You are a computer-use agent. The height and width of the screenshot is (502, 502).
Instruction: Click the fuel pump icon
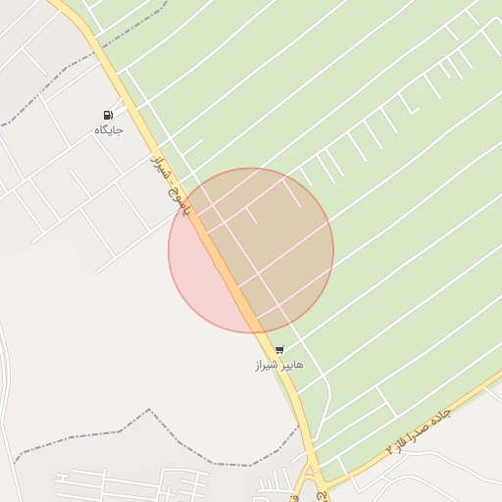coord(108,115)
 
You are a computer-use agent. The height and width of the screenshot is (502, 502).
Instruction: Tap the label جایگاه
coord(108,129)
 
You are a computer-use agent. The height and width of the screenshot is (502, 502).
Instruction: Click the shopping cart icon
coord(279,350)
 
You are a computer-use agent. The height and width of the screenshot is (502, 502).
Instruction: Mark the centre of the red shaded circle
coord(251,251)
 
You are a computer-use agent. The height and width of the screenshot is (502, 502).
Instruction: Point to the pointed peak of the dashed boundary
coord(149,411)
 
